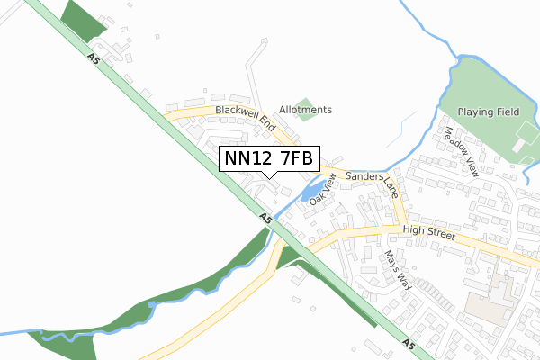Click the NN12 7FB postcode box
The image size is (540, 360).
coord(269,159)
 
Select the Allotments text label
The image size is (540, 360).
coord(305,110)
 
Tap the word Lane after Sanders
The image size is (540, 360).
coord(391,187)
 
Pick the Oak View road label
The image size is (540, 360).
coord(322,191)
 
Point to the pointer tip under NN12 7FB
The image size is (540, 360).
coord(269,177)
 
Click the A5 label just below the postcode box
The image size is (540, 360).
coord(265,218)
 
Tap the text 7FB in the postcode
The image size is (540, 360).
coord(296,159)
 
